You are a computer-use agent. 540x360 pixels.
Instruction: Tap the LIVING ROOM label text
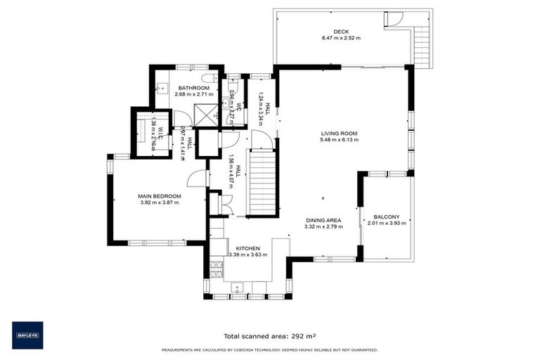[340, 132]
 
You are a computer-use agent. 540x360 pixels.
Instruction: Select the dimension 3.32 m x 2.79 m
[323, 227]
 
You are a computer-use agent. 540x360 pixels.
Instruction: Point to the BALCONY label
[386, 217]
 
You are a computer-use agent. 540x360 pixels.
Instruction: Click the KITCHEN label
[248, 248]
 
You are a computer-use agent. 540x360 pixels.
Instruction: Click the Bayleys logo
[27, 335]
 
